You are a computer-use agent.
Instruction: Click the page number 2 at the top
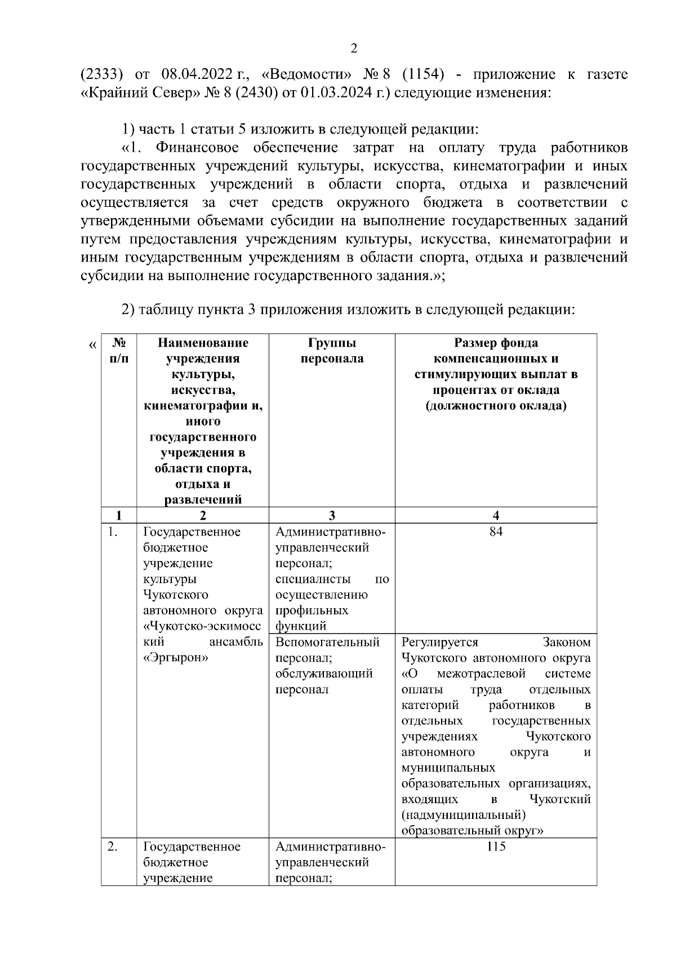pyautogui.click(x=354, y=48)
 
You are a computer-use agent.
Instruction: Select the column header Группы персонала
pyautogui.click(x=332, y=351)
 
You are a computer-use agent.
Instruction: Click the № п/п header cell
pyautogui.click(x=119, y=351)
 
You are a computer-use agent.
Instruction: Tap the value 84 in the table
pyautogui.click(x=496, y=532)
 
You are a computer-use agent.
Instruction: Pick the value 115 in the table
pyautogui.click(x=496, y=847)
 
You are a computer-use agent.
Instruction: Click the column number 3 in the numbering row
pyautogui.click(x=332, y=515)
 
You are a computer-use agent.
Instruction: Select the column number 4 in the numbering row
pyautogui.click(x=496, y=515)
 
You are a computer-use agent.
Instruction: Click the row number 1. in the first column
pyautogui.click(x=112, y=532)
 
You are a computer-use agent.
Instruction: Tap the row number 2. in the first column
pyautogui.click(x=112, y=847)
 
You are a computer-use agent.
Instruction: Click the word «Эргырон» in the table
pyautogui.click(x=176, y=658)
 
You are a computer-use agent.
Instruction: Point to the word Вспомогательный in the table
pyautogui.click(x=328, y=642)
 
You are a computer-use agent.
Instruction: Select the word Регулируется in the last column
pyautogui.click(x=439, y=642)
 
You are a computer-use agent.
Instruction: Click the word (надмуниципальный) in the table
pyautogui.click(x=464, y=815)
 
